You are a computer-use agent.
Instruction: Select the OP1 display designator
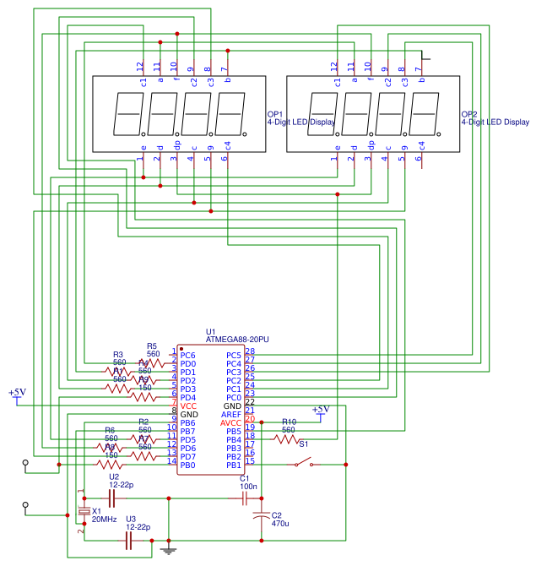275,114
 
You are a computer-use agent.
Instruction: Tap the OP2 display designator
469,114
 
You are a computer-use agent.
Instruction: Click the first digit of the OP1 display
129,113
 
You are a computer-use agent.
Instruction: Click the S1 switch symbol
301,463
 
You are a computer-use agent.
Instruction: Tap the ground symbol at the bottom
169,550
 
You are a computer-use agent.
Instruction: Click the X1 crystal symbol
84,512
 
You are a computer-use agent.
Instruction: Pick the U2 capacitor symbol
110,498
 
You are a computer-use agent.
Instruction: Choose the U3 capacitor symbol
129,541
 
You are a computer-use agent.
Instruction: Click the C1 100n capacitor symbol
246,498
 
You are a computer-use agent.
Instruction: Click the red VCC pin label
188,406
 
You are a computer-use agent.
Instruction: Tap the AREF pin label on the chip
232,415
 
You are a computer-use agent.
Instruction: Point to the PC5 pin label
234,356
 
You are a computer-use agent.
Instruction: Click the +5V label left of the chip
17,393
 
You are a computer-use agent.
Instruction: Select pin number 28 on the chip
249,351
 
